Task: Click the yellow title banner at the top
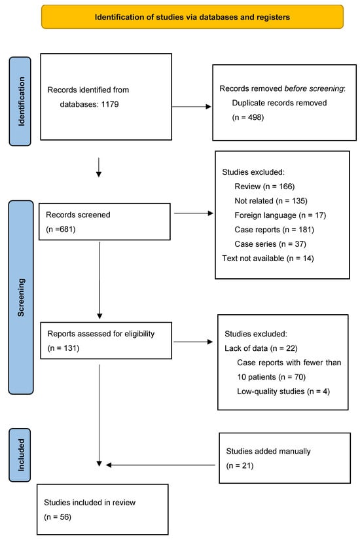192,16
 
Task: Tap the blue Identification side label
20,101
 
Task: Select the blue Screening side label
21,297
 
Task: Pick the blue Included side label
20,455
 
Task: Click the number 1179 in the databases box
110,104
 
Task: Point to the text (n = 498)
248,117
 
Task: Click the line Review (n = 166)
264,187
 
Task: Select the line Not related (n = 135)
271,201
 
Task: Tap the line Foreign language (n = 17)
280,215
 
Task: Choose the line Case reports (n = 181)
274,230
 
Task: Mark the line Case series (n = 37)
270,244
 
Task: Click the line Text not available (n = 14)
268,259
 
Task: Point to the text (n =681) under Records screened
61,229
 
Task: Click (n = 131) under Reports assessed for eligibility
63,348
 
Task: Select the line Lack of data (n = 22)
261,348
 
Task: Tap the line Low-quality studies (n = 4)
283,391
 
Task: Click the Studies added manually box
285,458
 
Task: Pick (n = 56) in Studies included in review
58,517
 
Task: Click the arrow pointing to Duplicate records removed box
192,107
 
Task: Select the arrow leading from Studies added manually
160,465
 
